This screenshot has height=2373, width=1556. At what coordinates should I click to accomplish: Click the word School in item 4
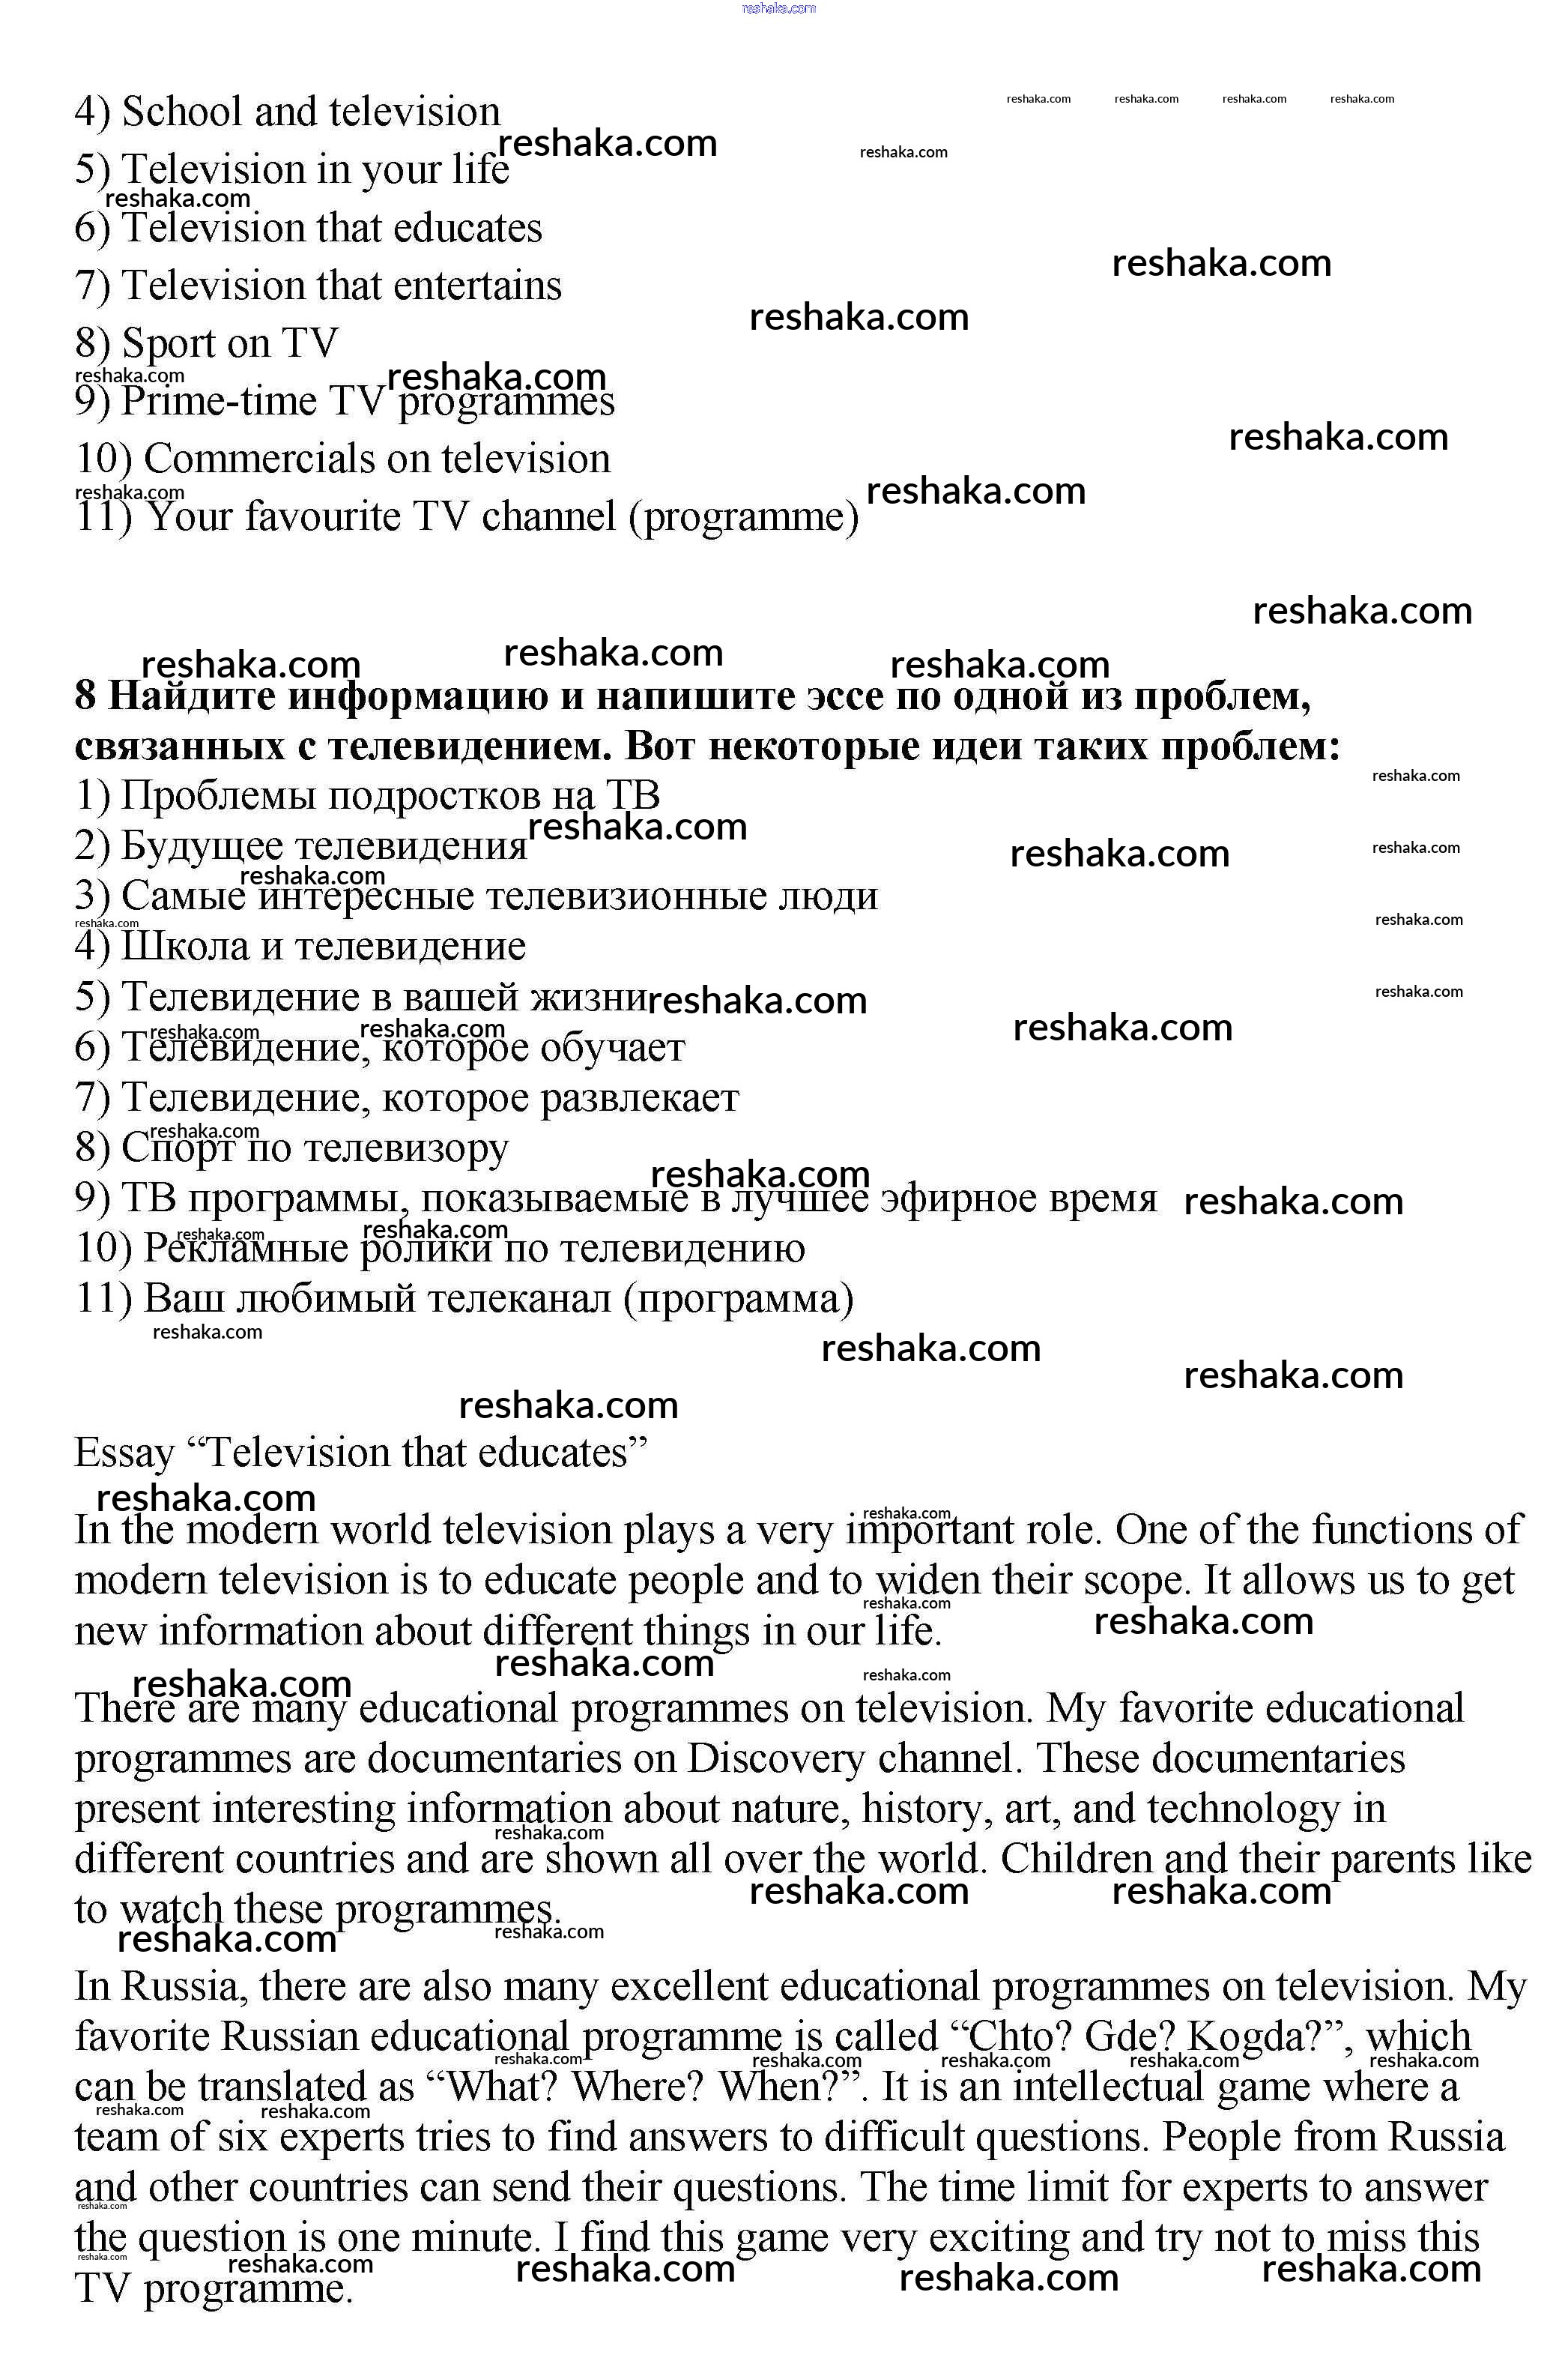(x=181, y=112)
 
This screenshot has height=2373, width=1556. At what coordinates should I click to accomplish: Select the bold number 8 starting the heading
(x=85, y=696)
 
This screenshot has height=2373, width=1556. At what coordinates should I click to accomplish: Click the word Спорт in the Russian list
(x=177, y=1148)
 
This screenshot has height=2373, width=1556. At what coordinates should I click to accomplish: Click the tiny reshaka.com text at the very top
(x=778, y=8)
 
